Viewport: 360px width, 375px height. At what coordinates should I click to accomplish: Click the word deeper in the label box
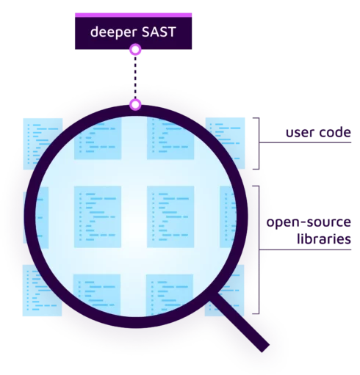(x=113, y=32)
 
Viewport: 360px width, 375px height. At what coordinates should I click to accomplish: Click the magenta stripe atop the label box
(x=133, y=15)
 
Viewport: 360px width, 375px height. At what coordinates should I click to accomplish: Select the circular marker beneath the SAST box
(x=135, y=50)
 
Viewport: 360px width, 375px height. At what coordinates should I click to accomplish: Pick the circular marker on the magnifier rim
(x=135, y=105)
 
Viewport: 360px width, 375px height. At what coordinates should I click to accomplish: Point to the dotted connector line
(x=135, y=77)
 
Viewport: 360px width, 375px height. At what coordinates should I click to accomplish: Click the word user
(x=300, y=133)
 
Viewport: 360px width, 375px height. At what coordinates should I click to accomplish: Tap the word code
(x=335, y=132)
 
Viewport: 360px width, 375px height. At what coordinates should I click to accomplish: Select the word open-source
(x=309, y=222)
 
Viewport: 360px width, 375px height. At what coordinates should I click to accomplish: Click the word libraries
(x=324, y=239)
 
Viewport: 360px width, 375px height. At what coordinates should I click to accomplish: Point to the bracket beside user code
(x=257, y=143)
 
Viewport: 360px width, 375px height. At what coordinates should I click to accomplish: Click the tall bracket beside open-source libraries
(x=257, y=250)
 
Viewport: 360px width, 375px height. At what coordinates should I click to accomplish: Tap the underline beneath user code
(x=306, y=142)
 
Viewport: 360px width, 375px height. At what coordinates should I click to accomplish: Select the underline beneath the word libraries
(x=306, y=250)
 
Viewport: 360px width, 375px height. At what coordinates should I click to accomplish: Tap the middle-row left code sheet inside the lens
(x=98, y=216)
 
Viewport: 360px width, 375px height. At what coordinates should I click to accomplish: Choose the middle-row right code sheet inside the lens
(x=170, y=216)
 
